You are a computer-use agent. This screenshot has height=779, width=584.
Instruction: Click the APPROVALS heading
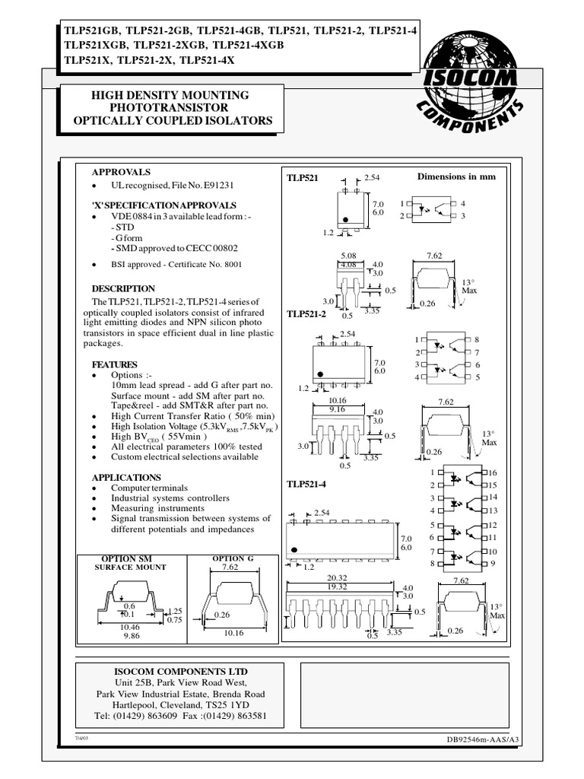pos(121,173)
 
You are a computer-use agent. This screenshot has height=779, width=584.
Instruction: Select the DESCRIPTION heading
pos(123,289)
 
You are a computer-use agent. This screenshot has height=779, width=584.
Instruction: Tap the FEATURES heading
pos(115,364)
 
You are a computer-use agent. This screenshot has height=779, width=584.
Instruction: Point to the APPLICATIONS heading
pos(126,477)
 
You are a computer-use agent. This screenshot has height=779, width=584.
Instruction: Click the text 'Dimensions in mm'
pos(456,176)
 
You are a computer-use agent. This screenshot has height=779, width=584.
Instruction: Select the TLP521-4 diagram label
pos(306,485)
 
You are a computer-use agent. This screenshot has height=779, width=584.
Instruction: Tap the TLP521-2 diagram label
pos(306,313)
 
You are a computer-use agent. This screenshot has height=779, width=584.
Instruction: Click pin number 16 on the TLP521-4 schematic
pos(492,473)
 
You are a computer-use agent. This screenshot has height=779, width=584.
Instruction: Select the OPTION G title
pos(229,559)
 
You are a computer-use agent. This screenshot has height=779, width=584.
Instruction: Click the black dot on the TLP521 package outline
pos(346,219)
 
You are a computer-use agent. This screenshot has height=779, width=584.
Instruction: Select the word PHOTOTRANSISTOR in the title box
pos(170,108)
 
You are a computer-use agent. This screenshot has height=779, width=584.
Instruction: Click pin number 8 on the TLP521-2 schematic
pos(477,339)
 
